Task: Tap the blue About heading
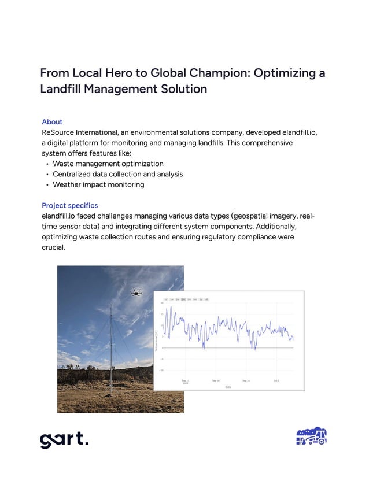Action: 52,122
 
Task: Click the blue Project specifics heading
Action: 69,205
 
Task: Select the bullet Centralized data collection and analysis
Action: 117,174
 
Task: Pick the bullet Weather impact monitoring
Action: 98,184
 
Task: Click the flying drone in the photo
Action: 136,293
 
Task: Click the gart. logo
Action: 64,439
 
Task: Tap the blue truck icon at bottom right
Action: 311,437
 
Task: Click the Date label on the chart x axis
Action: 228,387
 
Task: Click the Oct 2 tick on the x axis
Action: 276,380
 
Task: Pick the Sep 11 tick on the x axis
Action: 185,381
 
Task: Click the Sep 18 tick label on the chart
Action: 216,380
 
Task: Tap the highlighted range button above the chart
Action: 184,299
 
